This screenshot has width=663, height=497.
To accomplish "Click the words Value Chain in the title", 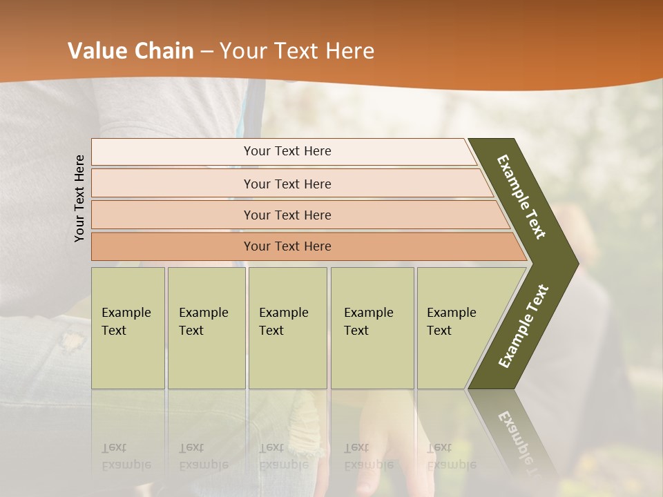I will [131, 51].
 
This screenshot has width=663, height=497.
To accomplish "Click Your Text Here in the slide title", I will [297, 51].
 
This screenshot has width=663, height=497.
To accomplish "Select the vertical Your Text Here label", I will [79, 198].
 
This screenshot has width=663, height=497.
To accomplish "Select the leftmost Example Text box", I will [128, 328].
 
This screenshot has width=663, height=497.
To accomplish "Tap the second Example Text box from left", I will [206, 328].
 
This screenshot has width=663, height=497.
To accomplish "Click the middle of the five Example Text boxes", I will [287, 328].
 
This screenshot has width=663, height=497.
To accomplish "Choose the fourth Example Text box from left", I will [372, 328].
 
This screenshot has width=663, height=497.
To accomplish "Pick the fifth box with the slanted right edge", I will [456, 328].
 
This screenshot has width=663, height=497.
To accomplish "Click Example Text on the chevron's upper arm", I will [521, 197].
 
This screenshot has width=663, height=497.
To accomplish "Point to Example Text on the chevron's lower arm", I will [523, 326].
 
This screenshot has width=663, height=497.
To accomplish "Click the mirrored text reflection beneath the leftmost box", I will [126, 456].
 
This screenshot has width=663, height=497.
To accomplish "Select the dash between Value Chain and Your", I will [206, 52].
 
